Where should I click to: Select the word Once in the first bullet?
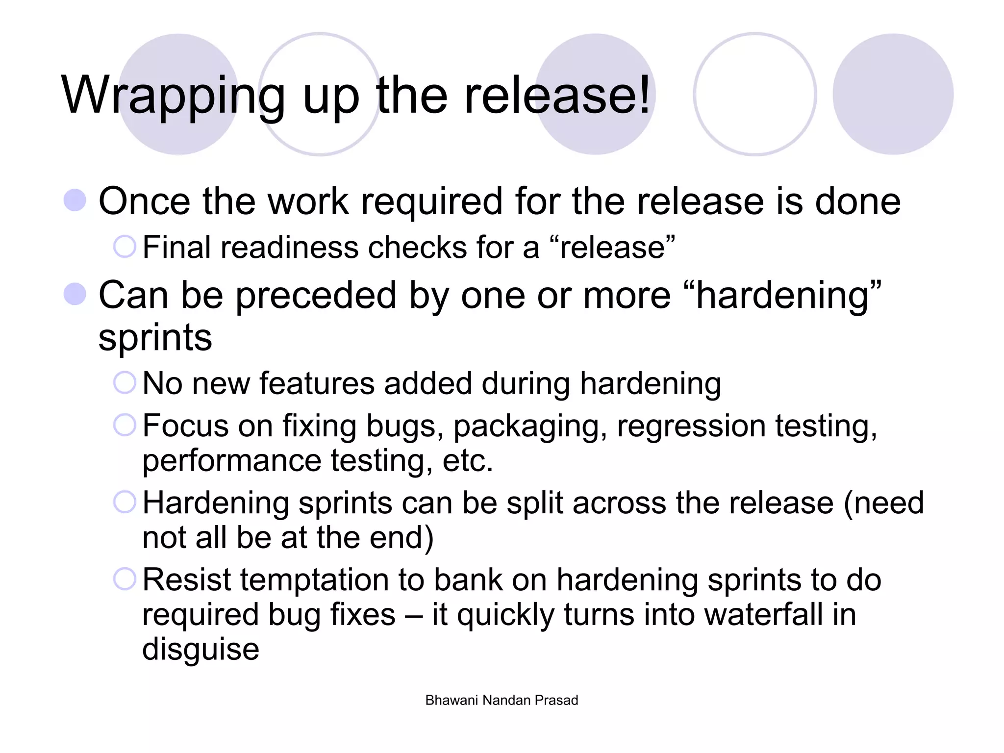click(x=144, y=201)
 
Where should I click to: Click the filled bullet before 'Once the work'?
click(x=75, y=201)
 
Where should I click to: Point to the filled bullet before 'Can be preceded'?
click(x=75, y=294)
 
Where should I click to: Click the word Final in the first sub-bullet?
click(x=176, y=247)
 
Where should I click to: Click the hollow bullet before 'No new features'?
click(x=125, y=382)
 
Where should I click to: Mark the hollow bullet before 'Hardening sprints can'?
click(x=125, y=502)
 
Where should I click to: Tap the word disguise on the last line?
click(x=201, y=649)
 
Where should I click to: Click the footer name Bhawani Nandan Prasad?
click(x=502, y=700)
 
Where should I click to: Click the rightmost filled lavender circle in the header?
click(x=893, y=94)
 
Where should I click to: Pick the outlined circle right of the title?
click(x=755, y=94)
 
